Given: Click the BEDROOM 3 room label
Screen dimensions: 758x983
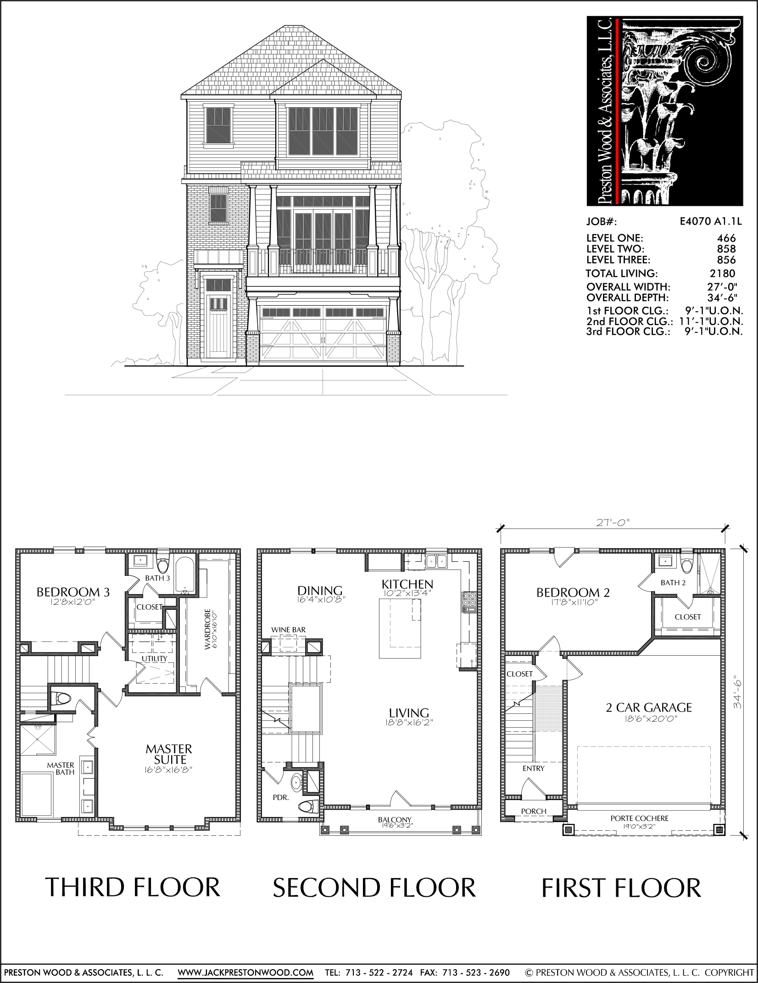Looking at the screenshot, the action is pos(73,592).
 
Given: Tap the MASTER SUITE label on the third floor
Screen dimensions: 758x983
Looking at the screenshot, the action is pos(169,754).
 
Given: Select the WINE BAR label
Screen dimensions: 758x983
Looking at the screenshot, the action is pos(288,630).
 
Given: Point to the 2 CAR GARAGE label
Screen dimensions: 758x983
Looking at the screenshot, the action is pos(649,707).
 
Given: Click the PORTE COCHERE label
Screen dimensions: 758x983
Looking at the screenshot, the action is pos(639,818).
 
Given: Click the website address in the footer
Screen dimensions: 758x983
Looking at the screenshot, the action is pos(245,972).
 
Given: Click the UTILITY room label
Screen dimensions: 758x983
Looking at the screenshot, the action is pos(154,658).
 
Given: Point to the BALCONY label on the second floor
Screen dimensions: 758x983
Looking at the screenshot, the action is pos(395,820).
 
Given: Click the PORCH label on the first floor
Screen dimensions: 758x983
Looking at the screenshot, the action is pos(534,811).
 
